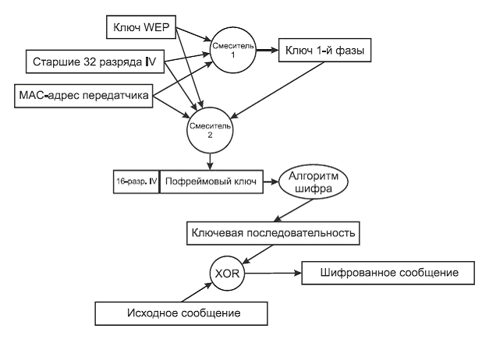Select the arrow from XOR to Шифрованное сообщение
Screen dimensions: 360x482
pos(270,274)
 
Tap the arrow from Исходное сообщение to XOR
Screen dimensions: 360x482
pos(193,290)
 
